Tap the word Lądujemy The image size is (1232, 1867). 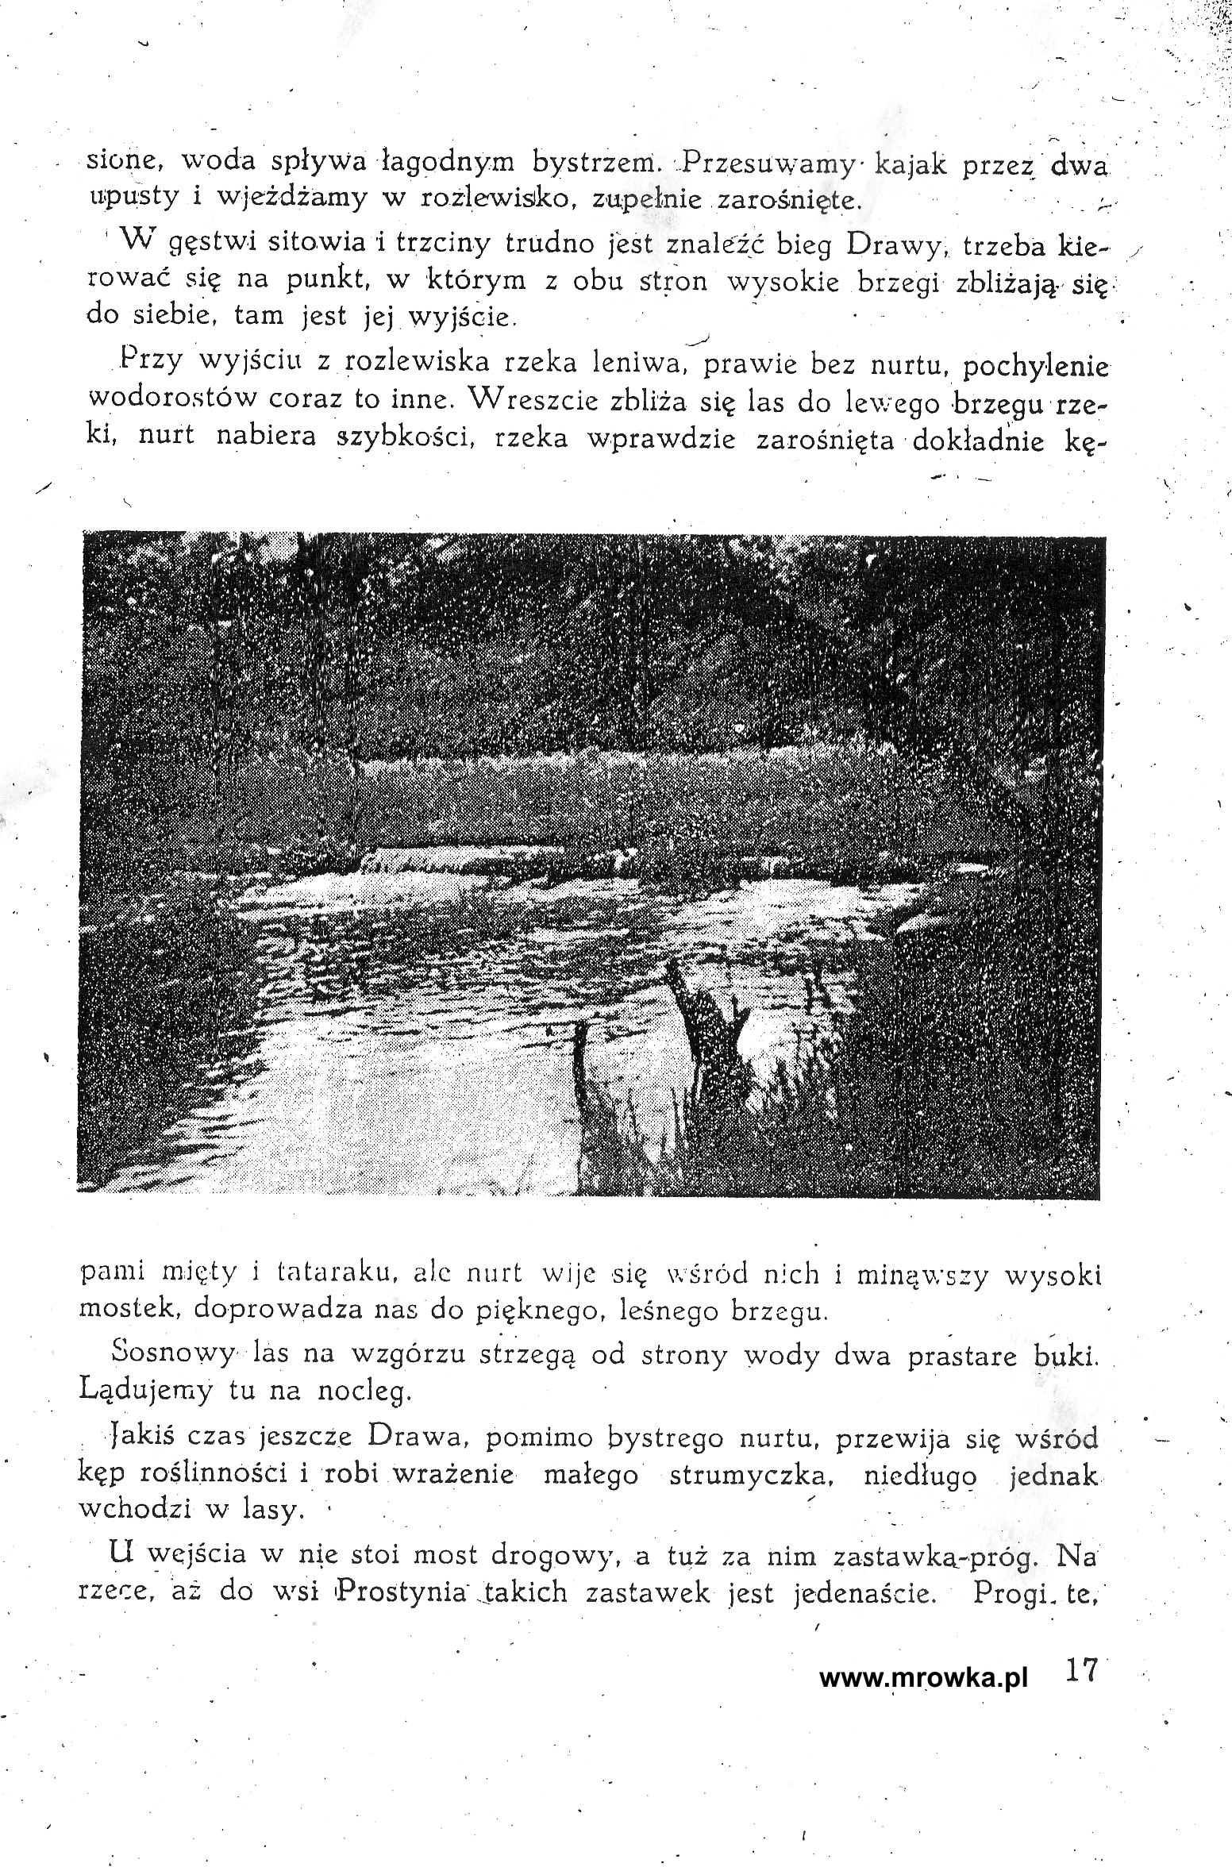(146, 1390)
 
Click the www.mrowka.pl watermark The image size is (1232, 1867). (922, 1678)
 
